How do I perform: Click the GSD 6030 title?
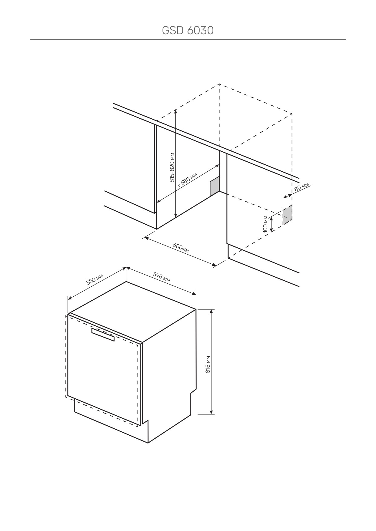point(188,30)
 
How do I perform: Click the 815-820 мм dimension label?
point(172,167)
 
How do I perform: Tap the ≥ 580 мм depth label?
point(188,180)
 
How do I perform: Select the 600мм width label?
point(181,248)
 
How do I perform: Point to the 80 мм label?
point(302,186)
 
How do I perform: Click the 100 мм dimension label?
point(266,224)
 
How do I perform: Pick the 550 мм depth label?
point(95,279)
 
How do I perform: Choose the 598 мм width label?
point(161,277)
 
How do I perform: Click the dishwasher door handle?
point(103,334)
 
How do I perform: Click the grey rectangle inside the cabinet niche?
point(214,186)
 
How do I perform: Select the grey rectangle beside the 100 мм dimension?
point(288,214)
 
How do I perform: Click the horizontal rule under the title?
point(188,40)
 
